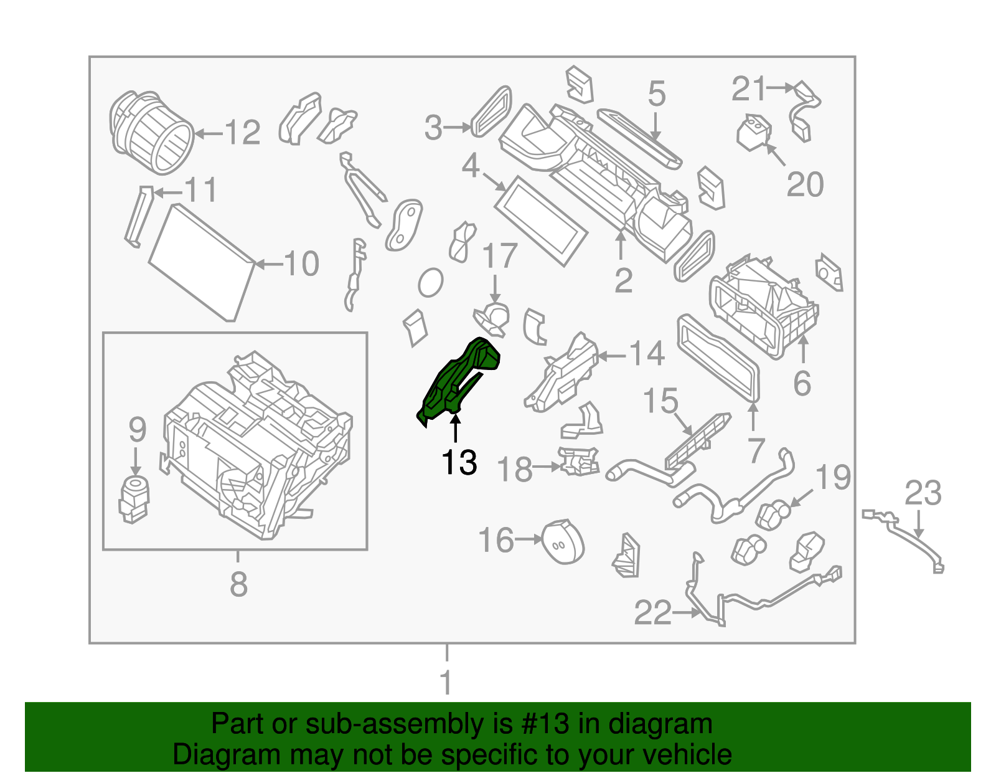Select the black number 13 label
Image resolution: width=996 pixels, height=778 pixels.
tap(459, 463)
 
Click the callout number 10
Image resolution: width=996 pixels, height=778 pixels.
tap(302, 264)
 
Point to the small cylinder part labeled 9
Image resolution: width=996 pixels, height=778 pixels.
tap(134, 499)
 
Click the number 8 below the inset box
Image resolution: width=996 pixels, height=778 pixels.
tap(238, 585)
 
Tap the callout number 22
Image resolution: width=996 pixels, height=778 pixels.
tap(653, 613)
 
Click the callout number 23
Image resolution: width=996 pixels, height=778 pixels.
tap(923, 493)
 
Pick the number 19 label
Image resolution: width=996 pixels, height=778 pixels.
tap(833, 478)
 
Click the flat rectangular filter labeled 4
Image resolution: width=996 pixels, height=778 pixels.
tap(540, 221)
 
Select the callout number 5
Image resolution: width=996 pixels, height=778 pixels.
tap(657, 94)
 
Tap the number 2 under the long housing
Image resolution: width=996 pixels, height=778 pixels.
tap(623, 281)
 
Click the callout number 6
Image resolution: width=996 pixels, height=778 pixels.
tap(802, 383)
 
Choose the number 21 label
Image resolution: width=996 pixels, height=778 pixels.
tap(748, 89)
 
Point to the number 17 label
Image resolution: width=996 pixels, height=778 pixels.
tap(500, 256)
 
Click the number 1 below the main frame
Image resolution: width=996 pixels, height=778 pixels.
tap(446, 683)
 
